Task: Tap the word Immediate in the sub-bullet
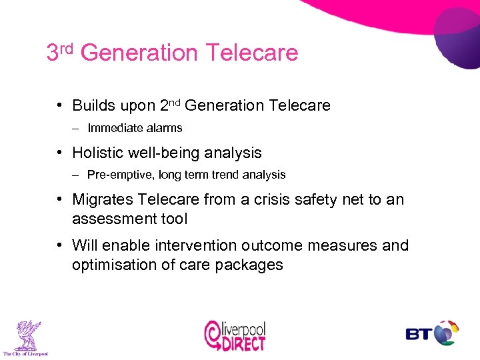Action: (111, 127)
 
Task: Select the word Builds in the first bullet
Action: (92, 105)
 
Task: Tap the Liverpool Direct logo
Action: (235, 335)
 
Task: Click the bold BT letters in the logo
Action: (418, 333)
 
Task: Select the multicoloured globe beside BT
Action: (445, 333)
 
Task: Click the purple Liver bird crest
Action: (25, 334)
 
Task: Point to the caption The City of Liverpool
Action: (25, 353)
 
